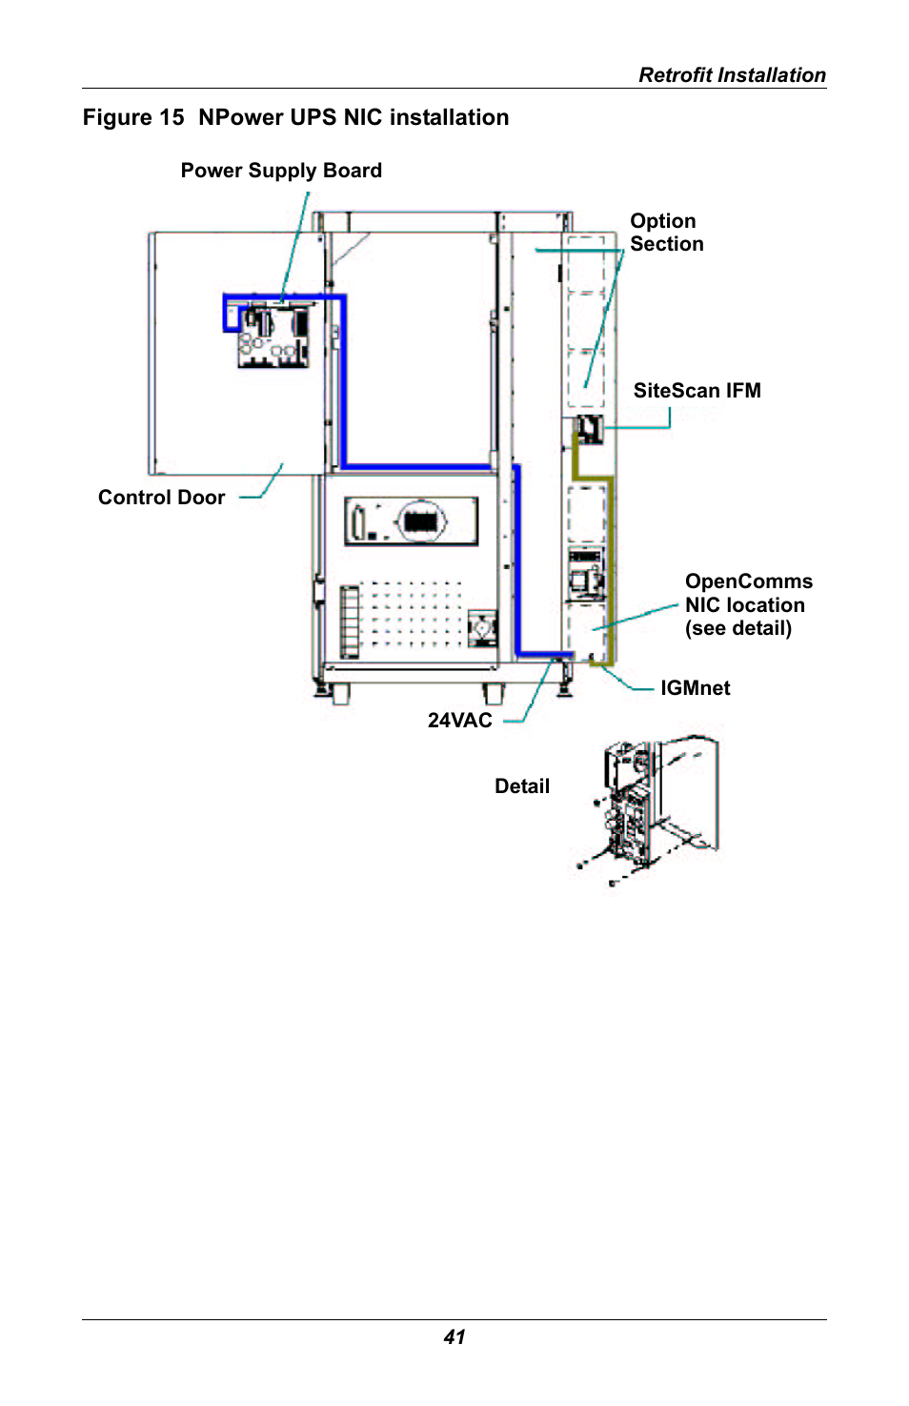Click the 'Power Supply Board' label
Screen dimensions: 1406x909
click(x=281, y=171)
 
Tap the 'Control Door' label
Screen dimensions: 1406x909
click(x=161, y=498)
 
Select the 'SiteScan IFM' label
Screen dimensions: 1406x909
click(x=697, y=391)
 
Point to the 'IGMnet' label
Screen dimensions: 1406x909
click(x=695, y=688)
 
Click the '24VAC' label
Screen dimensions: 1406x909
click(x=459, y=721)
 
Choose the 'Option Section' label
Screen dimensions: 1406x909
click(x=666, y=233)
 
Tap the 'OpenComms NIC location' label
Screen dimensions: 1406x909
click(x=748, y=605)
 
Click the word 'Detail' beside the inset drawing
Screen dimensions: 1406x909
click(x=521, y=786)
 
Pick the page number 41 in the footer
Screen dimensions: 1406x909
click(x=454, y=1337)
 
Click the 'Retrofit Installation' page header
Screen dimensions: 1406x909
click(x=731, y=75)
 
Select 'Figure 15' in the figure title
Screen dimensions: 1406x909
click(x=133, y=117)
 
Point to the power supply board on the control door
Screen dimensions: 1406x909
click(x=273, y=335)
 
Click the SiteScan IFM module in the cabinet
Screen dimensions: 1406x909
click(x=590, y=428)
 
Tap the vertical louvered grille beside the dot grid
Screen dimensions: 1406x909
click(x=350, y=621)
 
